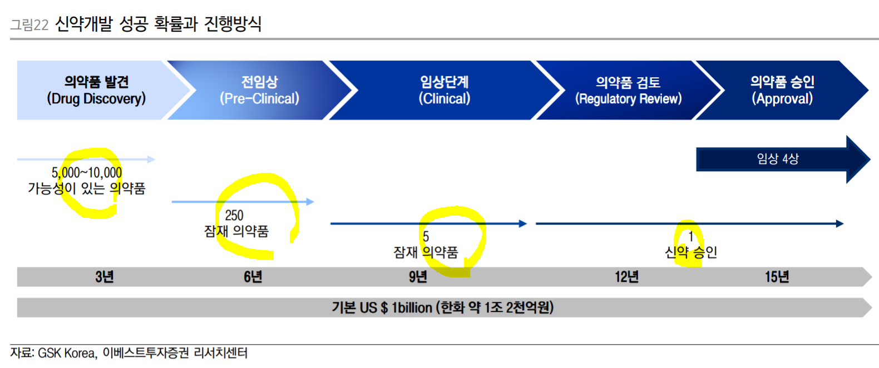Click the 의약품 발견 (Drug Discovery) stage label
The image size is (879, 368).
click(96, 90)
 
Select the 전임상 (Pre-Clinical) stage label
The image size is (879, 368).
click(259, 90)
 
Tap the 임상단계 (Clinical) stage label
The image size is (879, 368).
click(444, 90)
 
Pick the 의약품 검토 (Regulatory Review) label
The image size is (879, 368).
click(628, 91)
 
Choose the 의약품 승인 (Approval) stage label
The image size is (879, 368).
click(782, 90)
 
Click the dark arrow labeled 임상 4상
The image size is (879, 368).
click(778, 159)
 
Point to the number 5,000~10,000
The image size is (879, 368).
click(87, 173)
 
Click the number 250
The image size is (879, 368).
click(234, 215)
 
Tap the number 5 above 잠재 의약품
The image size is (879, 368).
click(426, 237)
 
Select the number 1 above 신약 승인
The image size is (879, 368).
click(690, 237)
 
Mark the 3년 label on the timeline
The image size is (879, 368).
click(104, 277)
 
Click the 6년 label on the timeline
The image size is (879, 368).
click(253, 277)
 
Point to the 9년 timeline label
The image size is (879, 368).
click(418, 277)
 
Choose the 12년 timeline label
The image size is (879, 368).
click(626, 277)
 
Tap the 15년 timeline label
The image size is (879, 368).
click(777, 277)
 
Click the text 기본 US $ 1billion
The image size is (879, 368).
click(382, 307)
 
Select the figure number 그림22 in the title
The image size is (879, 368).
click(29, 25)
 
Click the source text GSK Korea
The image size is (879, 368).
click(67, 353)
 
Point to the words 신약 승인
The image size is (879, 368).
click(691, 252)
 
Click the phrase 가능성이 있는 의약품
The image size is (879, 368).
click(87, 188)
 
